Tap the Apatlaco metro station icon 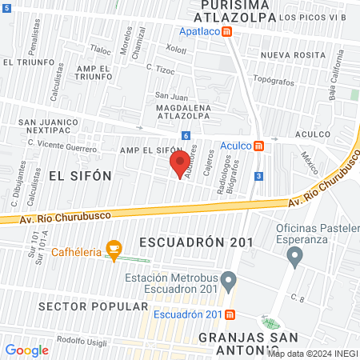[x=227, y=32]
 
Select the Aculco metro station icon [x=258, y=146]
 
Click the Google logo [x=26, y=350]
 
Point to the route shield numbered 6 [x=186, y=136]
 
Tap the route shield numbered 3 [x=258, y=176]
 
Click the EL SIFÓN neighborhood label [x=78, y=174]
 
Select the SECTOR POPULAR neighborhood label [x=93, y=306]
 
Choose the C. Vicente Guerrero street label [x=62, y=144]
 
